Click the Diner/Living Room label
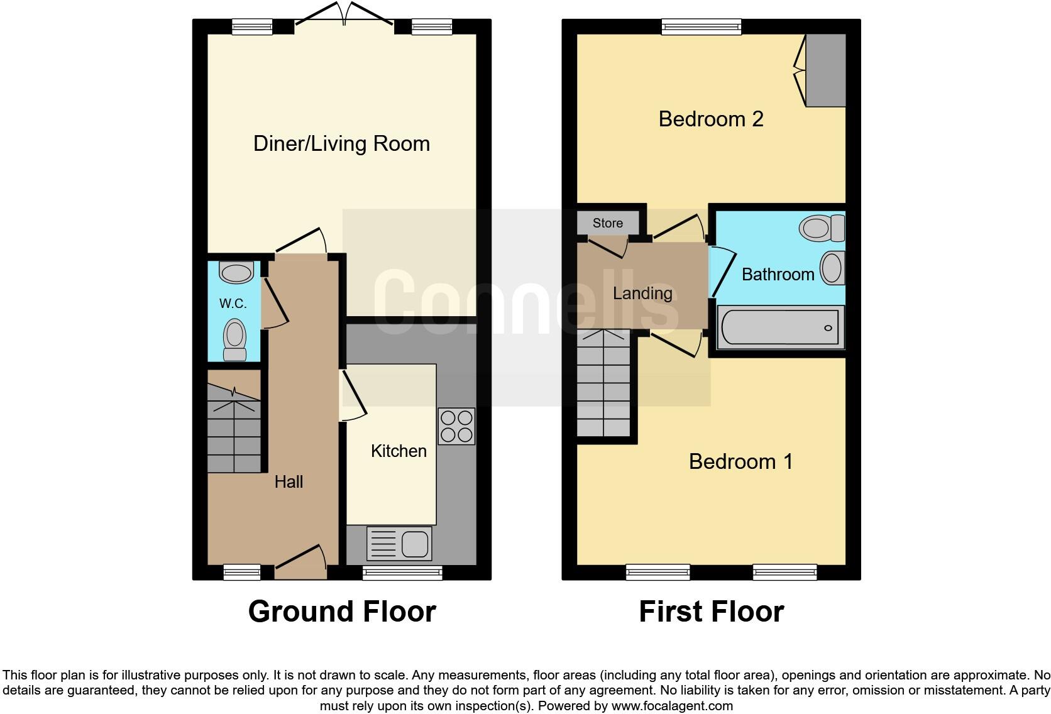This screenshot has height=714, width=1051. coord(341,144)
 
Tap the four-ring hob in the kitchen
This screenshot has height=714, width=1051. coord(456,427)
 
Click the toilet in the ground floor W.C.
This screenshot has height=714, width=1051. coord(235,339)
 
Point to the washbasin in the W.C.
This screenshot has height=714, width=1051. coord(236,273)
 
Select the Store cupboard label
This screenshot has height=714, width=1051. coord(608,223)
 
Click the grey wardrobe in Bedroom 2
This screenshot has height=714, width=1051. coord(826,70)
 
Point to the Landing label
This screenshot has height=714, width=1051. coord(642,294)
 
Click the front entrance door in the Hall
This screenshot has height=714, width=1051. coord(300,563)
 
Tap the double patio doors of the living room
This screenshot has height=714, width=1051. coord(344,15)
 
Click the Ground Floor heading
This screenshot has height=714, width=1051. coord(342,612)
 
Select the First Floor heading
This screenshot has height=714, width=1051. coord(711,612)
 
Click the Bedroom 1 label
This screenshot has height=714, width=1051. coord(740,462)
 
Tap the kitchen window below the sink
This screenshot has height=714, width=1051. coord(402,572)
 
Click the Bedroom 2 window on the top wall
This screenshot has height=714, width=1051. coord(702,26)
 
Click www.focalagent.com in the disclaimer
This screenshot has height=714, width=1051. coord(672,706)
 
